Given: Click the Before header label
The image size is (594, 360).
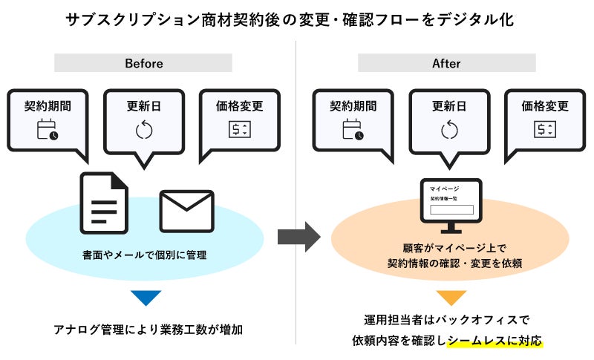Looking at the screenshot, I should point(143,64).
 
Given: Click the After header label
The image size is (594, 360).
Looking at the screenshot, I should point(446,64).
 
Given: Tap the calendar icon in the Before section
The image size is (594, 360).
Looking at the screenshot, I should point(48,130).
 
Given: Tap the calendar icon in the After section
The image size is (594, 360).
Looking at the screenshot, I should point(353,130).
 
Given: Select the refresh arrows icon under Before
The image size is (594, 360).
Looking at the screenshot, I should point(143,130).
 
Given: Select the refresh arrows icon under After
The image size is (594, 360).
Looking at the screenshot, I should point(449,130).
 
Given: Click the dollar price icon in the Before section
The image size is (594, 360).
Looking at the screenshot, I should point(239,130).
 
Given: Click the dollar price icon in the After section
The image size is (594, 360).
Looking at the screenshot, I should point(545,130).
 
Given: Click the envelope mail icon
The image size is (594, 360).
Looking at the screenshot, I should point(187,212).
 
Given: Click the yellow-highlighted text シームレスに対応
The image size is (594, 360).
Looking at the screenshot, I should point(495,341).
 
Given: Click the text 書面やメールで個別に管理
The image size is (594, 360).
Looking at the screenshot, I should point(144,255).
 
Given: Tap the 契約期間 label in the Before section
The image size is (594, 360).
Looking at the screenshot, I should point(48,105).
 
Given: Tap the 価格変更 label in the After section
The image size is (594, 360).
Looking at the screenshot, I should point(545,105).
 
